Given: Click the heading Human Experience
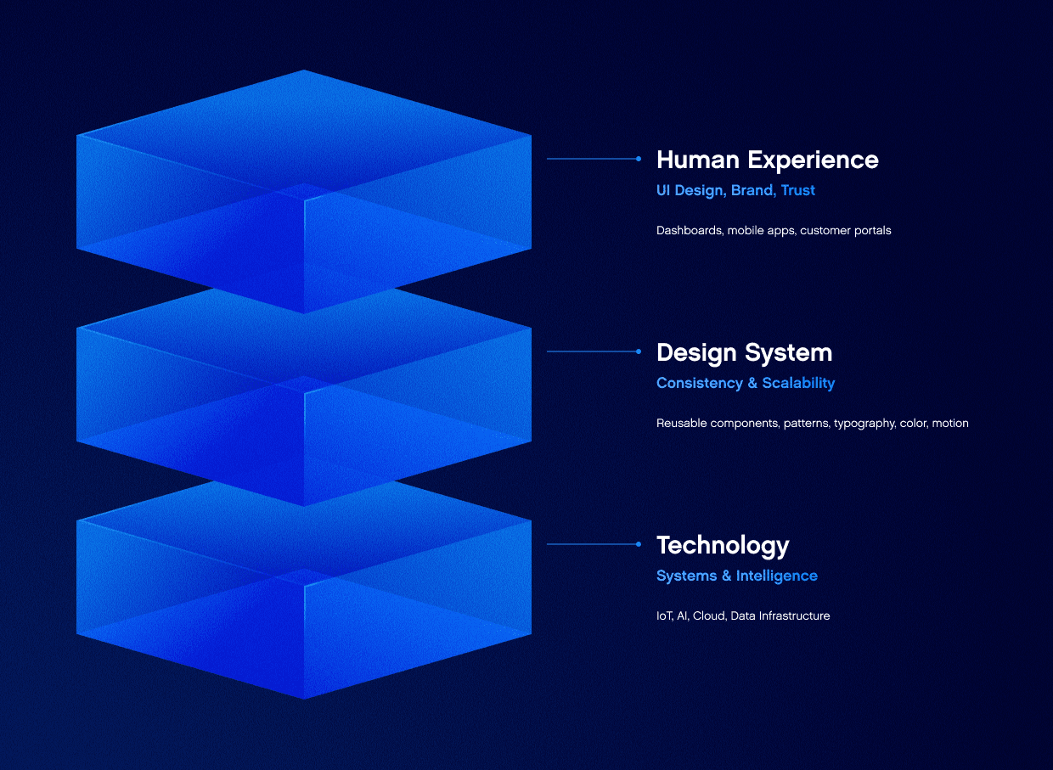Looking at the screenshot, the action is (767, 160).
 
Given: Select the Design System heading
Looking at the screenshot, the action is (744, 353).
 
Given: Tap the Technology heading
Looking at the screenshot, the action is (723, 546).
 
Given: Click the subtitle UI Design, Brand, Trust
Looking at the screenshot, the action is (735, 191).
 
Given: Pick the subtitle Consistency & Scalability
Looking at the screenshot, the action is (746, 384).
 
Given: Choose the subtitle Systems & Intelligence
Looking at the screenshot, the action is (736, 576).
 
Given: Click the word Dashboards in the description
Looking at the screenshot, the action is (690, 230).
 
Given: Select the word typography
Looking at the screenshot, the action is (864, 424).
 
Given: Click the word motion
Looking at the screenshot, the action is (950, 423).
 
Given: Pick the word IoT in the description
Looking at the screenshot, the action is (665, 615).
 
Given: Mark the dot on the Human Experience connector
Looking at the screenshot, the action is (639, 159).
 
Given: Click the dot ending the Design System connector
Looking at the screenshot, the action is (639, 351).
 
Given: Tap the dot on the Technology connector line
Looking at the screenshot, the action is (639, 544).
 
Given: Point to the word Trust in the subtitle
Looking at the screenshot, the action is (798, 190).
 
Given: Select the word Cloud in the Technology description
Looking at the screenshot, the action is (710, 615).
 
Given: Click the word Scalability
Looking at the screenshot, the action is (798, 384).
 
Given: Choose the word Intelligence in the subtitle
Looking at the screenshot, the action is (776, 576).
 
